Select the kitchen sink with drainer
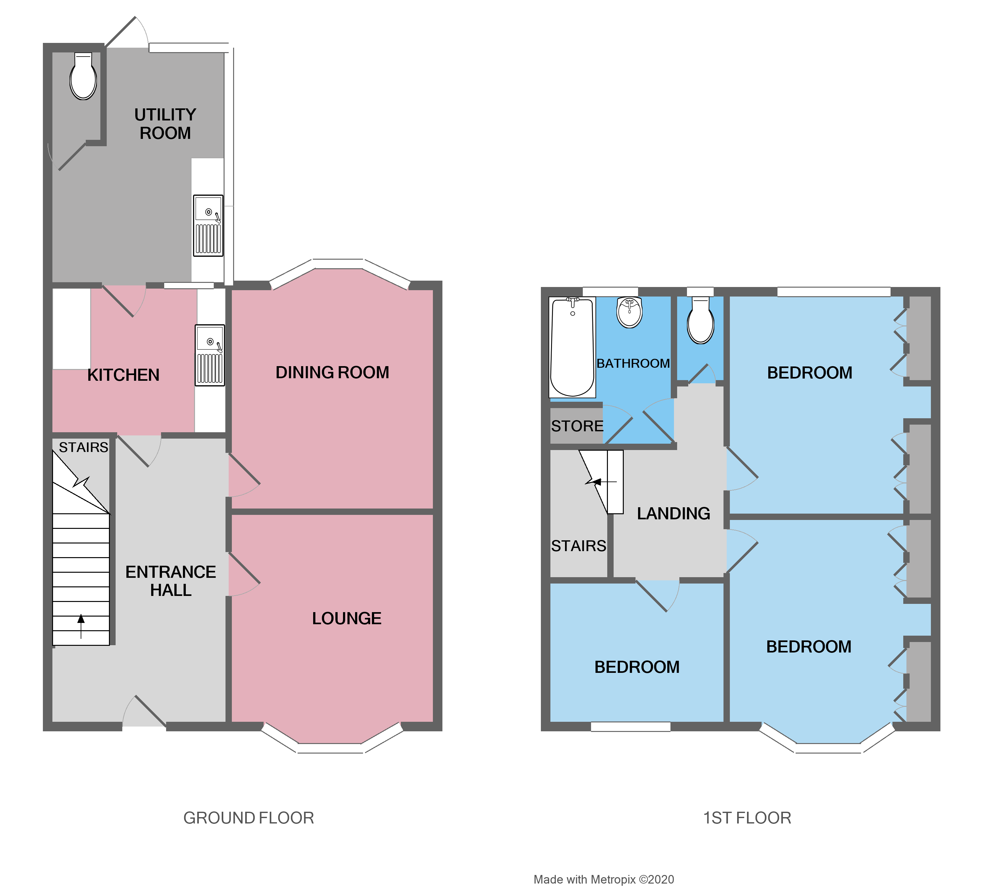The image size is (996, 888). (210, 355)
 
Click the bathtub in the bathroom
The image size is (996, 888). (572, 347)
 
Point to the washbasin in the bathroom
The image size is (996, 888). (629, 312)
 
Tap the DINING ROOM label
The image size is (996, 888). (332, 372)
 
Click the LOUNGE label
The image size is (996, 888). (347, 618)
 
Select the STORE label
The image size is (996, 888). (577, 426)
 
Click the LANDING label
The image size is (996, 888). (673, 513)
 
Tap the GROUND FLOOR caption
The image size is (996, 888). (249, 818)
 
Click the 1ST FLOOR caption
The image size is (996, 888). (747, 818)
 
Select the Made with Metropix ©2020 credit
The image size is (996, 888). (603, 879)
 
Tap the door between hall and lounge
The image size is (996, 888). (244, 575)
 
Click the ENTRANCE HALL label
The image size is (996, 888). (171, 581)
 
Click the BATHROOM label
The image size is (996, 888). (633, 364)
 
